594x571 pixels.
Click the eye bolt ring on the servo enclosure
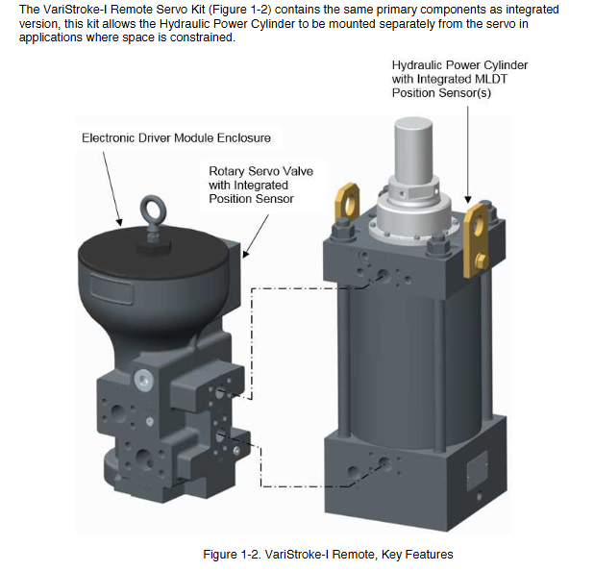point(151,206)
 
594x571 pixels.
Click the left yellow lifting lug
point(344,205)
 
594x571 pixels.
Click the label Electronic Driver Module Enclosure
point(176,138)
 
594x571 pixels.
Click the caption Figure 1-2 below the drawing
point(328,555)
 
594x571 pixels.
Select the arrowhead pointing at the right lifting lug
point(468,204)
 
